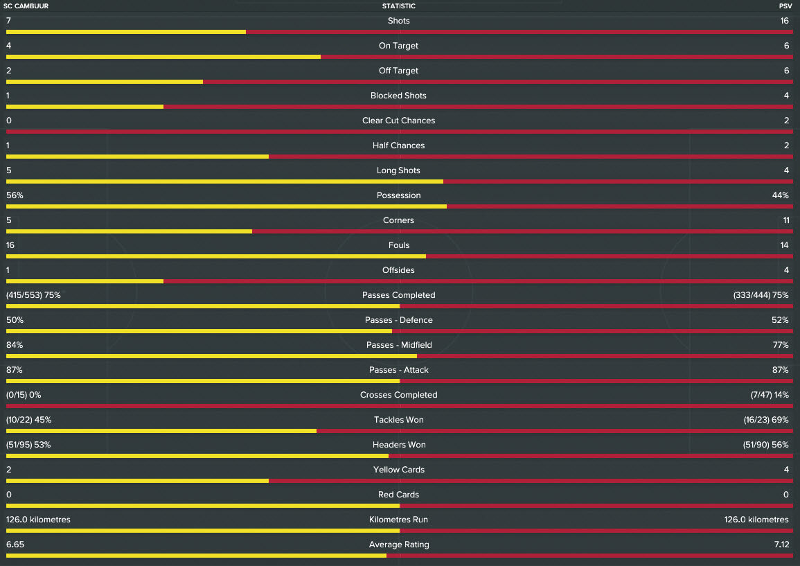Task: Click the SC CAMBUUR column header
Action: point(26,6)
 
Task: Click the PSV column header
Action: point(785,6)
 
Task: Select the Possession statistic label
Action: point(399,195)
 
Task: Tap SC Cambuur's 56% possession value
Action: point(15,195)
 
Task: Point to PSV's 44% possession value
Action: point(780,195)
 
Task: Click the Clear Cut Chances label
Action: point(399,121)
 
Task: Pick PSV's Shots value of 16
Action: point(784,21)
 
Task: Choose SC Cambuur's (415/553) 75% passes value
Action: point(33,295)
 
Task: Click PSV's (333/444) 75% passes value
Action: point(761,295)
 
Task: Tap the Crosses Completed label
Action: point(399,395)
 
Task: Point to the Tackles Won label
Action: point(399,420)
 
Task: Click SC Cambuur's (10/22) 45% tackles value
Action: point(29,420)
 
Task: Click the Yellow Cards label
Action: point(399,470)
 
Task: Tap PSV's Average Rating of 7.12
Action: point(781,545)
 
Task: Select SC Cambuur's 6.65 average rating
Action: point(15,545)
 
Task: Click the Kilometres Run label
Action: point(399,520)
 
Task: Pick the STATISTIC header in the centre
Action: point(399,6)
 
